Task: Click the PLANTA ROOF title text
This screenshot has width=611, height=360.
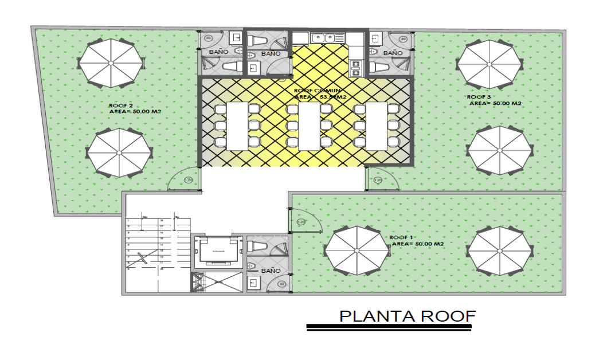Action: coord(408,316)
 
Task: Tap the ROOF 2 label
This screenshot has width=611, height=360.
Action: coord(121,105)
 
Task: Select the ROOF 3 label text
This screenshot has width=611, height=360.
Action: coord(479,97)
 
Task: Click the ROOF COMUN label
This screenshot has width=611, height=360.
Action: coord(317,91)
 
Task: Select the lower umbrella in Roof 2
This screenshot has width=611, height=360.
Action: coord(119,153)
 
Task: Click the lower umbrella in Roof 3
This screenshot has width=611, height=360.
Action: coord(499,150)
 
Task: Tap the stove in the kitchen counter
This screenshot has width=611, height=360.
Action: coord(356,67)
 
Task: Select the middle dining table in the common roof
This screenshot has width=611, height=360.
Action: coord(310,126)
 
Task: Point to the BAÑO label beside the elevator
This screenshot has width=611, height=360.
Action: coord(271,270)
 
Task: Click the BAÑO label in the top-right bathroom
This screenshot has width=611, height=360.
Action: coord(393,53)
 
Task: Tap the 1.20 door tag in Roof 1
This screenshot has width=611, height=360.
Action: coord(301,222)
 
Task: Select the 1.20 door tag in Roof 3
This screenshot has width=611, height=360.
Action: coord(377,180)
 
